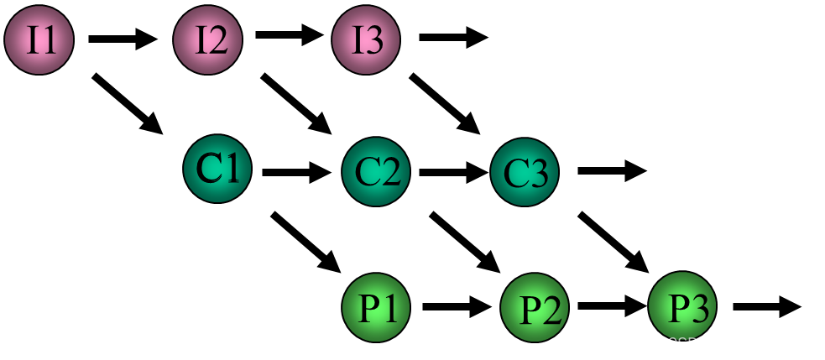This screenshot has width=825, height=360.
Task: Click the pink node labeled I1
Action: click(39, 39)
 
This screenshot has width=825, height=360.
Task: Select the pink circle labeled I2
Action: click(207, 39)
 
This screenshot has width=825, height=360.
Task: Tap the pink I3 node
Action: click(366, 39)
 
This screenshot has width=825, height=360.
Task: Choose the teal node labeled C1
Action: click(217, 169)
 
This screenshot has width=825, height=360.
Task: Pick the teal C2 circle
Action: click(376, 171)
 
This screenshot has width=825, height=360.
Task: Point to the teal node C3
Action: click(525, 172)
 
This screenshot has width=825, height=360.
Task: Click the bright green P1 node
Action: click(376, 307)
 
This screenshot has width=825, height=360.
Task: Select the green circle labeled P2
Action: click(535, 308)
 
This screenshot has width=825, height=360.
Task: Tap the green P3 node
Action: click(682, 306)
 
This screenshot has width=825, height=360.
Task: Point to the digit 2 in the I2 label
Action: click(217, 40)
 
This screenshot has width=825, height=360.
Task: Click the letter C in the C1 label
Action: click(208, 168)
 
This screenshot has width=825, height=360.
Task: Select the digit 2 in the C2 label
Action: click(389, 172)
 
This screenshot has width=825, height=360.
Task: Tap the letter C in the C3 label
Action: click(515, 174)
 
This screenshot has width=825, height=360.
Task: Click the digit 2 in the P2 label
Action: click(550, 311)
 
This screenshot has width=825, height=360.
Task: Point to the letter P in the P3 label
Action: click(677, 308)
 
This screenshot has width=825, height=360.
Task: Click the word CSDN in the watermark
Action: click(688, 344)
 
